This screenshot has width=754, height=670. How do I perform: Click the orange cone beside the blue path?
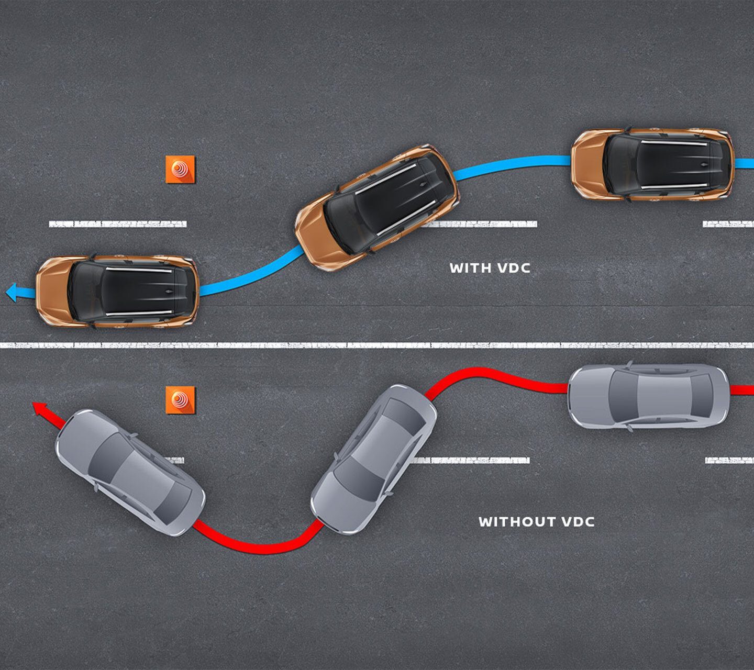(180, 169)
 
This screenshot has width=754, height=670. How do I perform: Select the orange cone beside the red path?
(180, 400)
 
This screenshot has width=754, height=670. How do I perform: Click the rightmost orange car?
(652, 164)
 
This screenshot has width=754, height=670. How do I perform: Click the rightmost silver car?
(648, 396)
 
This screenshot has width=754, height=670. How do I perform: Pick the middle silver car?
(374, 460)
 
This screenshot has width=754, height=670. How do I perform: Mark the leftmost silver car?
(130, 472)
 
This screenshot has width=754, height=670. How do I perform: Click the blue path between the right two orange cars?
(513, 165)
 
